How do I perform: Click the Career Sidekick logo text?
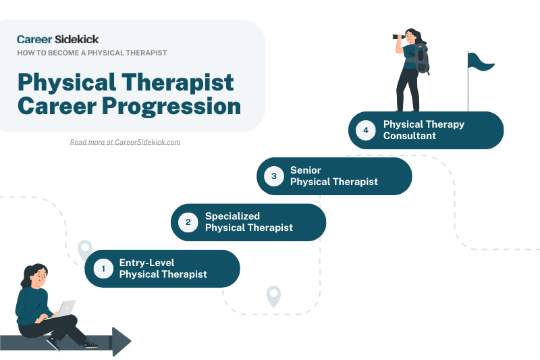point(57,39)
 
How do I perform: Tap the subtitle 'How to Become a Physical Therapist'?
point(92,53)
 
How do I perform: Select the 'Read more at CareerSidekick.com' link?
point(125,142)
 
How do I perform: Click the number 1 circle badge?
point(103,269)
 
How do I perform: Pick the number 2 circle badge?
point(188,222)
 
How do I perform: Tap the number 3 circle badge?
point(274,176)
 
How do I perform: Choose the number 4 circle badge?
point(366,130)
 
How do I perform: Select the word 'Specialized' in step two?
point(232,216)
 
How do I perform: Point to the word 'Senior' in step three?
point(306,170)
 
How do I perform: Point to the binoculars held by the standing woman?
point(400,37)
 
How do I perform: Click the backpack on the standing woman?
point(423,60)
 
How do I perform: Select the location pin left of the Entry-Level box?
point(85,249)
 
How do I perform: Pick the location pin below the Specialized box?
point(273,295)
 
